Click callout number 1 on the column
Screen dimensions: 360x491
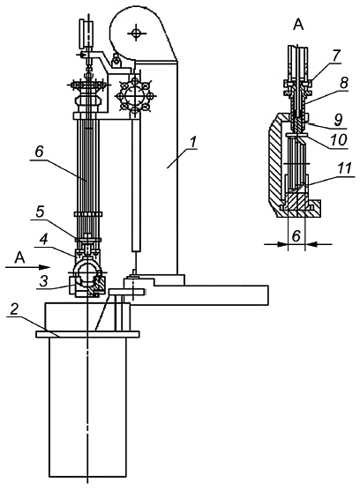193,143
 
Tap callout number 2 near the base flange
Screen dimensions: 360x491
14,309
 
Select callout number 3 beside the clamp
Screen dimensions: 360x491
44,281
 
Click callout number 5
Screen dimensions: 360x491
40,212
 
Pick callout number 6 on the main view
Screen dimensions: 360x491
39,153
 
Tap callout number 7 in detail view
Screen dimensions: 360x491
335,56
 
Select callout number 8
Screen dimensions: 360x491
343,83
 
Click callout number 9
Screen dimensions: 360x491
338,120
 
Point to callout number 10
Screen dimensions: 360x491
338,139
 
